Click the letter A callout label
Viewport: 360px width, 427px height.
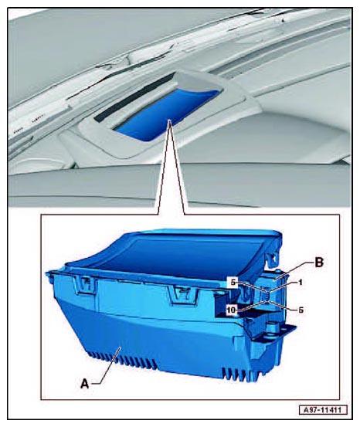(85, 384)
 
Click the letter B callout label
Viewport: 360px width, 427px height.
(319, 263)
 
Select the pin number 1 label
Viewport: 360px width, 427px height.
(300, 283)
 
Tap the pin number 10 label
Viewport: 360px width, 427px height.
(231, 310)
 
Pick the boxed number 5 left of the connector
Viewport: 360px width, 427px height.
(233, 283)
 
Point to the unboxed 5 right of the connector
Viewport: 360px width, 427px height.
(301, 310)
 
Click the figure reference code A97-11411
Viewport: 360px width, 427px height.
(323, 409)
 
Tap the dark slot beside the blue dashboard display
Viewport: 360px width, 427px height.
(134, 97)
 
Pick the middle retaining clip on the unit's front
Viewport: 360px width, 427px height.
(183, 295)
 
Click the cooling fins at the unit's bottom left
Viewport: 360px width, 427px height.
(122, 360)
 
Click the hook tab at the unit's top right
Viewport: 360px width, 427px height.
(273, 257)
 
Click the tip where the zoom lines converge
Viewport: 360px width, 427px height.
(170, 120)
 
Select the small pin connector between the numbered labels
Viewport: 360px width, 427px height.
(267, 297)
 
